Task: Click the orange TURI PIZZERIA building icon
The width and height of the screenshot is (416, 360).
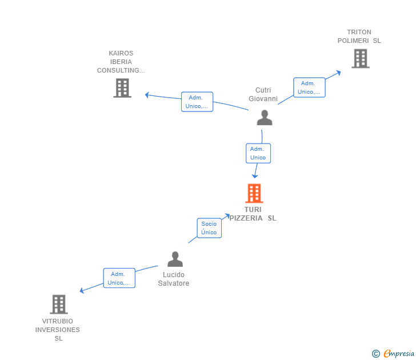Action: (x=254, y=193)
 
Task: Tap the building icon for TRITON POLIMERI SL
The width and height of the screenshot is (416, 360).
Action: (x=361, y=58)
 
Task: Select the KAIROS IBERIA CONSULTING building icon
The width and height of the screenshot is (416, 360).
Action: (x=122, y=88)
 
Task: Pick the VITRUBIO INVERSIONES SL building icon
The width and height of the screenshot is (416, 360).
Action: (x=59, y=305)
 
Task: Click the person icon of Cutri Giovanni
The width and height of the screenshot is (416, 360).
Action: (x=265, y=118)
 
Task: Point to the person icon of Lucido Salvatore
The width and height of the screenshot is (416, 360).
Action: (x=175, y=259)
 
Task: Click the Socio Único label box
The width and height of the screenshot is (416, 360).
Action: (x=209, y=228)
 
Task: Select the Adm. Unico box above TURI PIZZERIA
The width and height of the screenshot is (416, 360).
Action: (x=258, y=153)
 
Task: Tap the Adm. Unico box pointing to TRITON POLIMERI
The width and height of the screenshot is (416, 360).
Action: (x=309, y=87)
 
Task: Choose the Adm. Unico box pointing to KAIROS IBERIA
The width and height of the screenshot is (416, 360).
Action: (x=197, y=102)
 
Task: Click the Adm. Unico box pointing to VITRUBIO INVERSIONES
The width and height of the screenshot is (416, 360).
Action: (x=119, y=278)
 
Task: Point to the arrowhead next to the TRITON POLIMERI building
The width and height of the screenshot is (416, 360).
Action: (x=338, y=73)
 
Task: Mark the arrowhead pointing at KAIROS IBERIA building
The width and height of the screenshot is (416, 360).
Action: (x=147, y=95)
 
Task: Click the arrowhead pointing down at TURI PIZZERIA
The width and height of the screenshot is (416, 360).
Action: (x=255, y=176)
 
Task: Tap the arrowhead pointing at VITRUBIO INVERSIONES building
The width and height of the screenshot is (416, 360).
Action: (x=82, y=290)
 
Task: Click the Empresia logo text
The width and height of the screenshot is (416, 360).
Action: (x=399, y=353)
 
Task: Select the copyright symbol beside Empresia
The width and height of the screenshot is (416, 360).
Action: (x=375, y=354)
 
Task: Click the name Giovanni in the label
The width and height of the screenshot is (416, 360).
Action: (x=263, y=99)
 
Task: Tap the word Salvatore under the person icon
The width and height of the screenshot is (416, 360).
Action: (x=174, y=283)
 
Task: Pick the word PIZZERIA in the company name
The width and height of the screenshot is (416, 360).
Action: (x=246, y=218)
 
